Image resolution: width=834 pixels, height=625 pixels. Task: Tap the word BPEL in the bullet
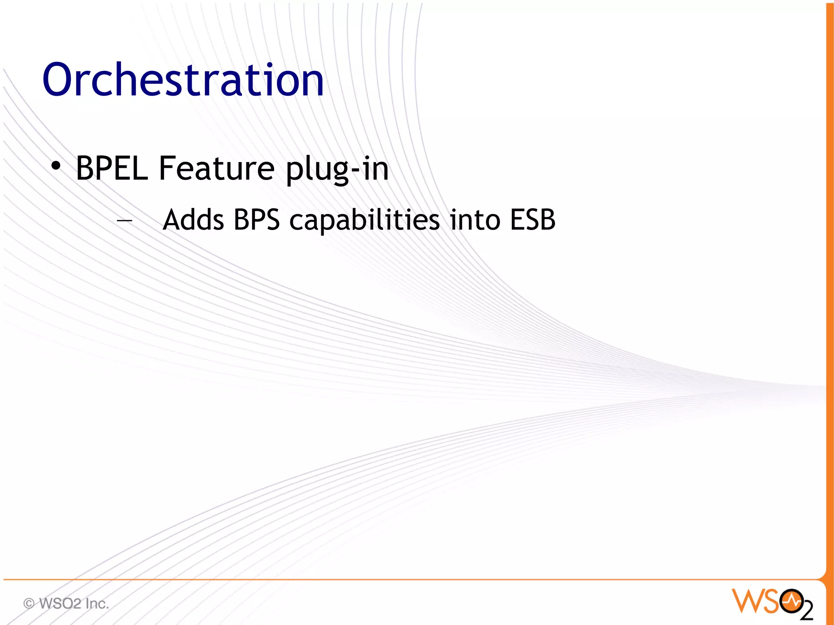112,168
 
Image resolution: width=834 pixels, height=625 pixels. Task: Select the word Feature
217,168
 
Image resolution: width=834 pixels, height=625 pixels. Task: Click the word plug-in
337,169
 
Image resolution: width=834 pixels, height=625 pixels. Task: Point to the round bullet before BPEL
56,166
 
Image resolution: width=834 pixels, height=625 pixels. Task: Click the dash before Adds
124,221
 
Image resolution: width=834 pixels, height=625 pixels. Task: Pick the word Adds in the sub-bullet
193,220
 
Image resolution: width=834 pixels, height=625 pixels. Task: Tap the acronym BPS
257,220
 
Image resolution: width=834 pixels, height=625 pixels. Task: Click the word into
475,220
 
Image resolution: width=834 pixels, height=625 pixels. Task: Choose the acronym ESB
533,220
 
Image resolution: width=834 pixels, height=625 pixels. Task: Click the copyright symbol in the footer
29,603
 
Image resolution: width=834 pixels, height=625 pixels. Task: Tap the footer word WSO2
60,603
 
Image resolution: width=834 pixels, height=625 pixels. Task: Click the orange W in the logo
747,601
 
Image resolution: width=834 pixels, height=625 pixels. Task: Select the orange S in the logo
771,601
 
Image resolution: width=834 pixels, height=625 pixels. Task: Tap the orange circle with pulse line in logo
791,600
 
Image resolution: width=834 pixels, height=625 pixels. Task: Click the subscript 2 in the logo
807,610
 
